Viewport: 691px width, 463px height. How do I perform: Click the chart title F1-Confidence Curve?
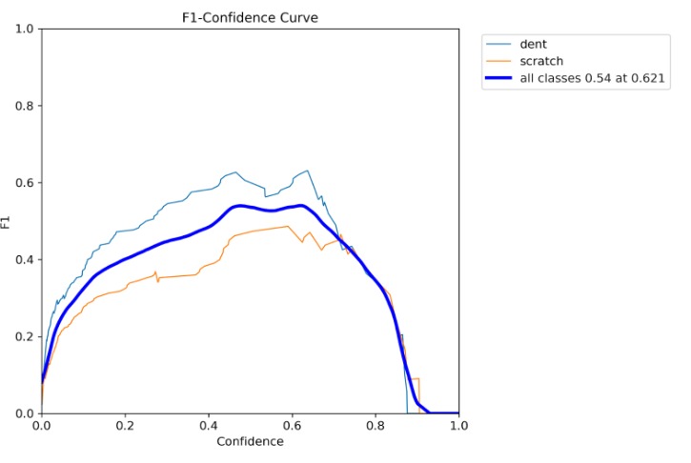[250, 16]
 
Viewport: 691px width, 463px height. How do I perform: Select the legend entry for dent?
[534, 44]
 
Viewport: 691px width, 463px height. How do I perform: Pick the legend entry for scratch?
[540, 62]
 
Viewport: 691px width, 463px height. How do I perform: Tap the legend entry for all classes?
[592, 80]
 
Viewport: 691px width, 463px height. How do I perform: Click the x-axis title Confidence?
[250, 442]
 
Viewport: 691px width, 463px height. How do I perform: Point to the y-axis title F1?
[9, 221]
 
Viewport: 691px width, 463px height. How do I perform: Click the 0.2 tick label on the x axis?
[125, 426]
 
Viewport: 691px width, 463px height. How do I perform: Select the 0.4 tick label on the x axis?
[209, 426]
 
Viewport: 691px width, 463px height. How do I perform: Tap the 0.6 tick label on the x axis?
[292, 426]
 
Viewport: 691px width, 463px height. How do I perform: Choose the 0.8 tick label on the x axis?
[376, 426]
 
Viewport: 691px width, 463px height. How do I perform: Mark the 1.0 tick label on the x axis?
[458, 426]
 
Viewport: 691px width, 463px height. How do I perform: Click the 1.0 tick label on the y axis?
[27, 29]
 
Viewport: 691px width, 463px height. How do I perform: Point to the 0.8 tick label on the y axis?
[27, 106]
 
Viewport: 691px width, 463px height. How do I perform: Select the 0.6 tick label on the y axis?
[27, 183]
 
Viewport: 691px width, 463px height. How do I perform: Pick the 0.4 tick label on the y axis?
[27, 260]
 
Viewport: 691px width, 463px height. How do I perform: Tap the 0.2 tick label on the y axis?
[27, 336]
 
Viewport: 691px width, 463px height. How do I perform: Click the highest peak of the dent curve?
[307, 171]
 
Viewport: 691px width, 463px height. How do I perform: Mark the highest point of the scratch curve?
[287, 227]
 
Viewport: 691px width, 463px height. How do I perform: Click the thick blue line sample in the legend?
[498, 80]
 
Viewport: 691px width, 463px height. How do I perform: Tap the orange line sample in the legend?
[498, 62]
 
